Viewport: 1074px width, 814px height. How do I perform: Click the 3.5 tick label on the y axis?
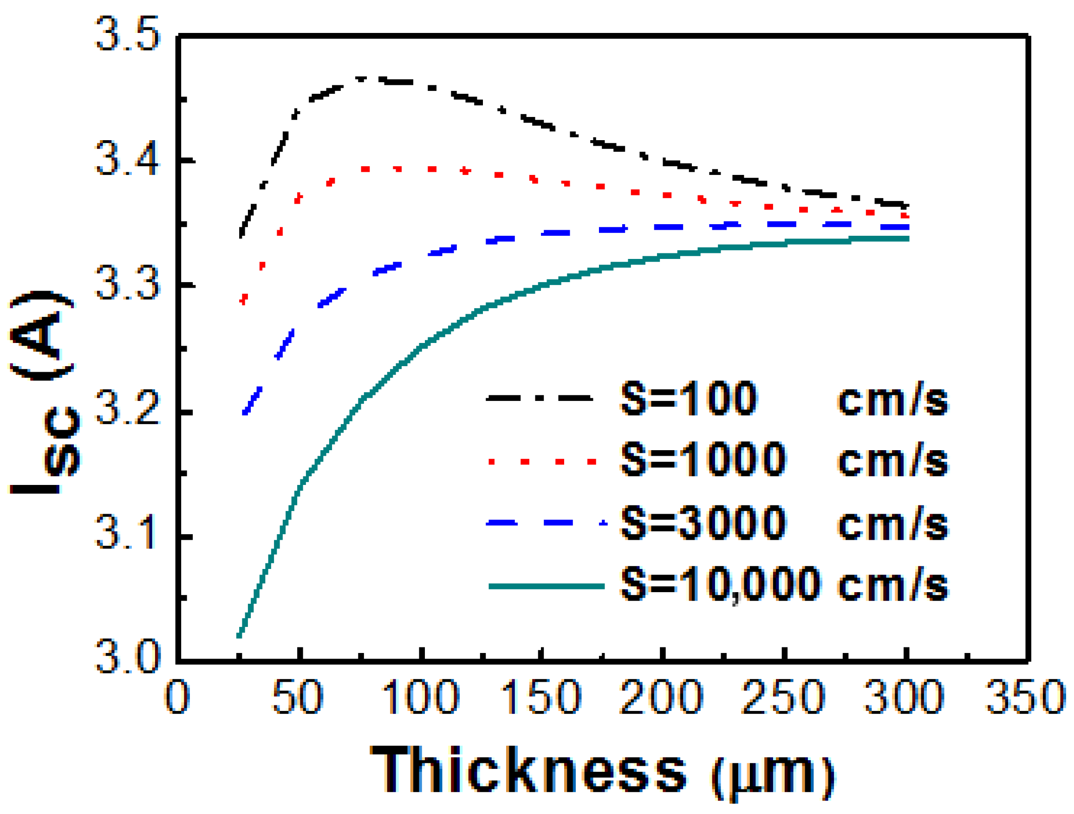pyautogui.click(x=128, y=34)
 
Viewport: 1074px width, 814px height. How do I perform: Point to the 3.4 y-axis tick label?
pyautogui.click(x=128, y=158)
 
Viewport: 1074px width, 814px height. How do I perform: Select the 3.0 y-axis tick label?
pyautogui.click(x=128, y=656)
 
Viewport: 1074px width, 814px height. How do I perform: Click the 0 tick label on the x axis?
pyautogui.click(x=177, y=697)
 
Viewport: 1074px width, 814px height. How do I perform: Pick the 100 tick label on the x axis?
pyautogui.click(x=421, y=697)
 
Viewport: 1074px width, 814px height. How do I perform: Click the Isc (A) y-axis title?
pyautogui.click(x=44, y=393)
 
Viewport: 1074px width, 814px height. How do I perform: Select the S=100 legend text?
pyautogui.click(x=689, y=399)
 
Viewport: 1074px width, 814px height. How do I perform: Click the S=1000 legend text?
pyautogui.click(x=703, y=459)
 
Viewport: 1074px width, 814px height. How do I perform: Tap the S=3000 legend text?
pyautogui.click(x=703, y=523)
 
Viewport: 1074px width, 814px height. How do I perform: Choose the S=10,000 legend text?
pyautogui.click(x=721, y=584)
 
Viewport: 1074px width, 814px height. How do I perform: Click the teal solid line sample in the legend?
pyautogui.click(x=546, y=586)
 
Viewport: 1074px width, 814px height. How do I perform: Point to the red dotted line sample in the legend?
pyautogui.click(x=541, y=461)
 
